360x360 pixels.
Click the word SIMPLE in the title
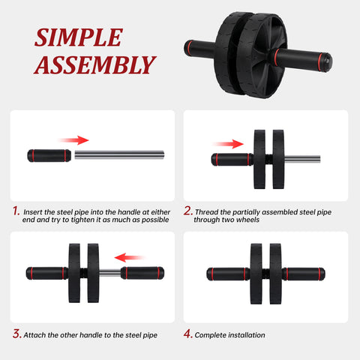click(77, 37)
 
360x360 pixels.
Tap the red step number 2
click(188, 211)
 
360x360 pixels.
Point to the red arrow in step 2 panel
click(229, 143)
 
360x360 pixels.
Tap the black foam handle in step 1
click(49, 156)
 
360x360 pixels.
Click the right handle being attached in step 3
click(140, 273)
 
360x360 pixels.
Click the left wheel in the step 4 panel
click(256, 272)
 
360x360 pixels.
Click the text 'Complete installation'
click(229, 334)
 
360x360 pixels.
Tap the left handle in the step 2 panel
click(231, 159)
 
